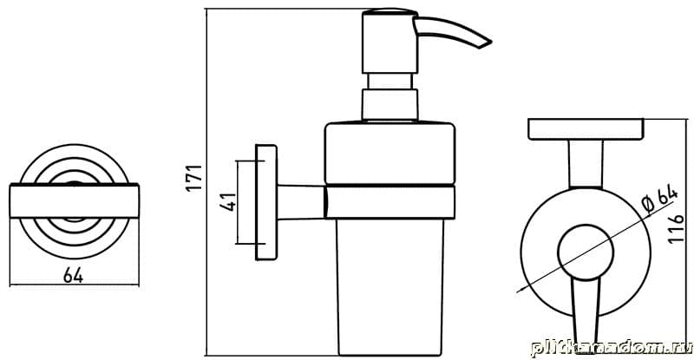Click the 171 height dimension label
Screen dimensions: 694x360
pyautogui.click(x=194, y=178)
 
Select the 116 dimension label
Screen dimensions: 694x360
pyautogui.click(x=677, y=228)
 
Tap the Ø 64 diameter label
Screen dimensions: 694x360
pyautogui.click(x=659, y=200)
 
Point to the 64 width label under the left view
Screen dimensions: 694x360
pyautogui.click(x=74, y=276)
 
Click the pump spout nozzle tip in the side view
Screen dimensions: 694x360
pyautogui.click(x=490, y=43)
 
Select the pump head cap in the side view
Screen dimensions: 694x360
pyautogui.click(x=390, y=41)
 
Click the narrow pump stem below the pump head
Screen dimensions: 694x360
pyautogui.click(x=390, y=82)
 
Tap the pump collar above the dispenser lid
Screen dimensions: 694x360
pyautogui.click(x=390, y=104)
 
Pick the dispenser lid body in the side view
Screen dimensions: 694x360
pyautogui.click(x=390, y=153)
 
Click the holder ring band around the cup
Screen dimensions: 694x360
pyautogui.click(x=390, y=202)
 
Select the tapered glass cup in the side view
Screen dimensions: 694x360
pyautogui.click(x=390, y=287)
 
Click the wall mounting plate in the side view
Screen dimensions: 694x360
pyautogui.click(x=266, y=202)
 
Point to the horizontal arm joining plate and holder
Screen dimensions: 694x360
pyautogui.click(x=301, y=202)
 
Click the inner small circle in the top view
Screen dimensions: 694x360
pyautogui.click(x=586, y=252)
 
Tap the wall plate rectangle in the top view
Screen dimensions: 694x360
pyautogui.click(x=586, y=129)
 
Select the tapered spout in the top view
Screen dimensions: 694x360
pyautogui.click(x=586, y=311)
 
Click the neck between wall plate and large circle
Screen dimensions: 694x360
pyautogui.click(x=586, y=164)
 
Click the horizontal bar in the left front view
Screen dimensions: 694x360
pyautogui.click(x=75, y=201)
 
